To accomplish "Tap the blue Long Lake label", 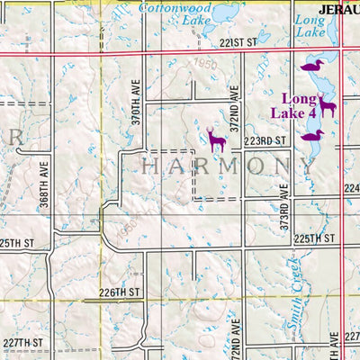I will point(309,25).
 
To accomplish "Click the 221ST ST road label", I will point(238,42).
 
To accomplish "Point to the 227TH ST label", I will point(22,343).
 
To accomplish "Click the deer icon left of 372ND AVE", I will point(216,138).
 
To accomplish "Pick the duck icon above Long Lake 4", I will point(311,66).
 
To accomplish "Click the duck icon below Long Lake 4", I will point(312,135).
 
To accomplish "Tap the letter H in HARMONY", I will point(150,166).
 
